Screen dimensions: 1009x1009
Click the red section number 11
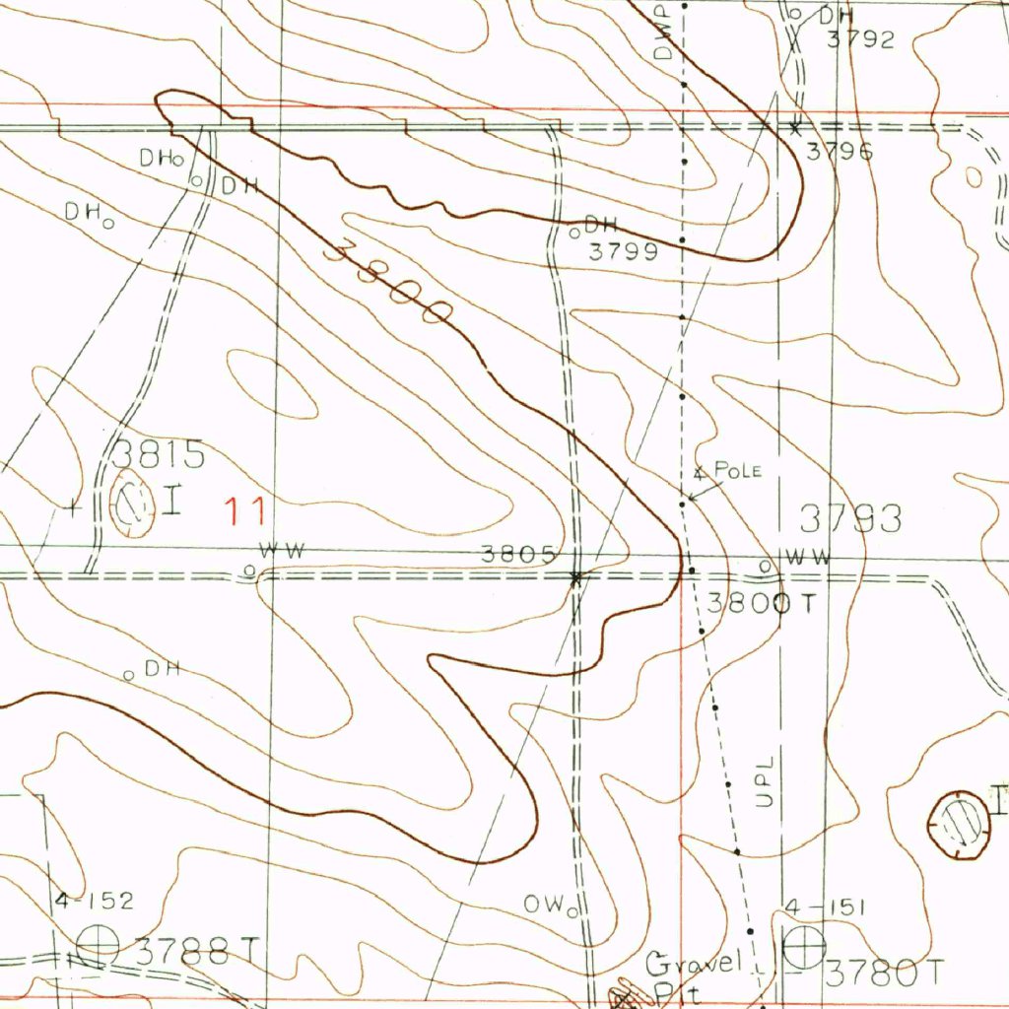243,511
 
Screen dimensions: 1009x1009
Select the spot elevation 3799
623,251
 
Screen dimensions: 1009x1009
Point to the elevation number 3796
840,152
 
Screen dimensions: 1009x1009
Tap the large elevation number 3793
850,518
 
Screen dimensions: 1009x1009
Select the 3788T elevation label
197,952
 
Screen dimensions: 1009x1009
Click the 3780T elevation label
884,974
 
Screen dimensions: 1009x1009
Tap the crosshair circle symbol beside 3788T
99,946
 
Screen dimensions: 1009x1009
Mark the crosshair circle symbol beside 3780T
803,949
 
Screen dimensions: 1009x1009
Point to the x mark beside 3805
576,578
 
